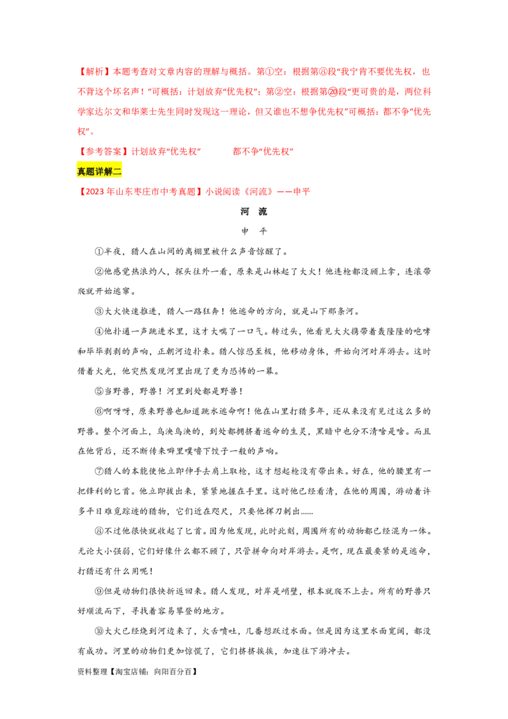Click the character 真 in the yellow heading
point(82,171)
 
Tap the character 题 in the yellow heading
point(91,171)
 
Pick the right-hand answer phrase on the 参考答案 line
point(261,152)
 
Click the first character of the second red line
point(80,93)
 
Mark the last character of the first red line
point(427,71)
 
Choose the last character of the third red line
point(427,113)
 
